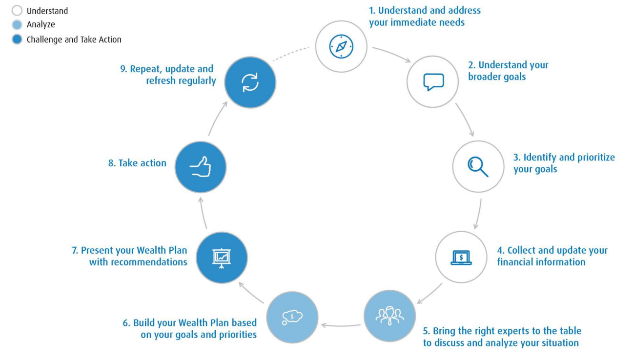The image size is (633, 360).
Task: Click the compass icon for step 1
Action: coord(341,46)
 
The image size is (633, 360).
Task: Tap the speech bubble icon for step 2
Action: coord(433,81)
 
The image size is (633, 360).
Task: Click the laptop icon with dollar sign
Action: coord(461,257)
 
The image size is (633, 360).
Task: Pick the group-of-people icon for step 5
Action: coord(389,316)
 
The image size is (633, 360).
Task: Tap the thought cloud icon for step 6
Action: coord(292,317)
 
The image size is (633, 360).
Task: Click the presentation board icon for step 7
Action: coord(222,258)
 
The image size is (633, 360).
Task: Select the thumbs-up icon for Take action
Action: coord(200,167)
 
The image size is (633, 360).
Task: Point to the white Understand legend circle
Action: coord(17,11)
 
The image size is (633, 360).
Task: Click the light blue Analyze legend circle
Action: coord(17,25)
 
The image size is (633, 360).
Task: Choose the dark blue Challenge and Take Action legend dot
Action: coord(17,40)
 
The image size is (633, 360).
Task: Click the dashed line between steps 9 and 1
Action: coord(291,55)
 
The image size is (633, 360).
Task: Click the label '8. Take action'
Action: coord(137,163)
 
